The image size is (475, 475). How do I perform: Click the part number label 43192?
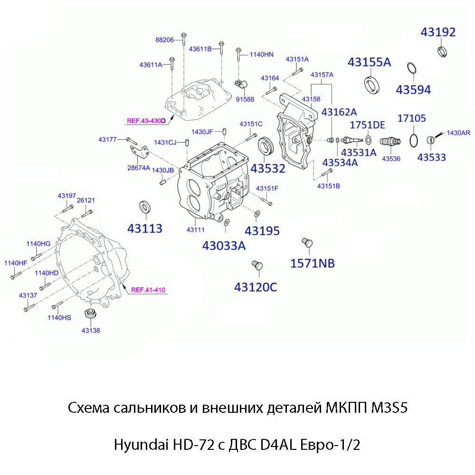438,32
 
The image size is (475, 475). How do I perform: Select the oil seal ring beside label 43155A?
372,84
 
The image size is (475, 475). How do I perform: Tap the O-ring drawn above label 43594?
412,69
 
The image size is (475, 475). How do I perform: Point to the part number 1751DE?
367,125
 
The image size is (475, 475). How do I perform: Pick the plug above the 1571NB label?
307,243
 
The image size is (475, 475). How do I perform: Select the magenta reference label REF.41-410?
148,290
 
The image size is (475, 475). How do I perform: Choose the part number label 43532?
268,169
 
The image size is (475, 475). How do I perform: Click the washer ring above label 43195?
256,214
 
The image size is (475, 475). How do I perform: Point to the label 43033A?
224,246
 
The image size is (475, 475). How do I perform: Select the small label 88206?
164,40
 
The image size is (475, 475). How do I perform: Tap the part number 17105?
411,118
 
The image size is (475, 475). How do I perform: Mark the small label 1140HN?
262,55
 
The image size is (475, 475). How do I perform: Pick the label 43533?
432,156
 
